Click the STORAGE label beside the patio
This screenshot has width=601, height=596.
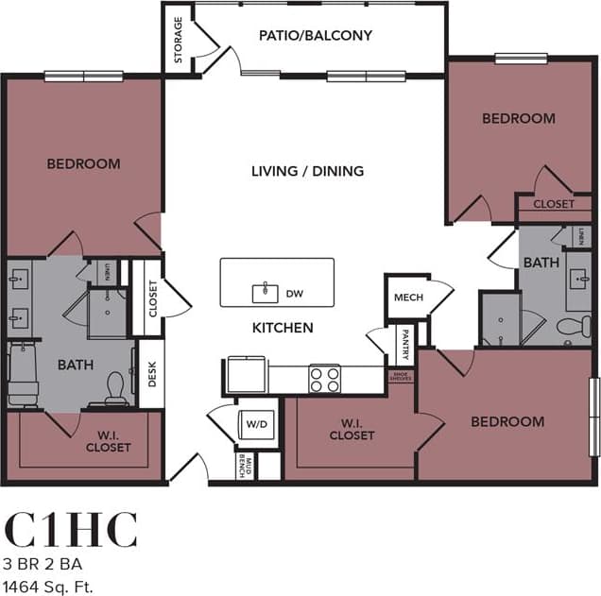pyautogui.click(x=179, y=41)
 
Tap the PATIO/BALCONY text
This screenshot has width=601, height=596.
pyautogui.click(x=316, y=36)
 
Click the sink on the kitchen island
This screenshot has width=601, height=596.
pyautogui.click(x=265, y=292)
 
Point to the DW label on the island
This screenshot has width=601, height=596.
pyautogui.click(x=294, y=294)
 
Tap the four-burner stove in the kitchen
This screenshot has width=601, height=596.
pyautogui.click(x=324, y=378)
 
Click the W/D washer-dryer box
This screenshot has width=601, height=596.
pyautogui.click(x=256, y=424)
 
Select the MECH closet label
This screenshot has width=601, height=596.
pyautogui.click(x=408, y=298)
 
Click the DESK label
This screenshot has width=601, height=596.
pyautogui.click(x=151, y=375)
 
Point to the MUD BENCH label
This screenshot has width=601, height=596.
pyautogui.click(x=245, y=467)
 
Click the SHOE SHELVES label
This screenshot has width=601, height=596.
pyautogui.click(x=402, y=376)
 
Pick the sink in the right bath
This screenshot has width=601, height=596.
pyautogui.click(x=578, y=280)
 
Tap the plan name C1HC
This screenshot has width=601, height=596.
pyautogui.click(x=72, y=531)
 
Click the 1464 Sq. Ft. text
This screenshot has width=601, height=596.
pyautogui.click(x=49, y=587)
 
